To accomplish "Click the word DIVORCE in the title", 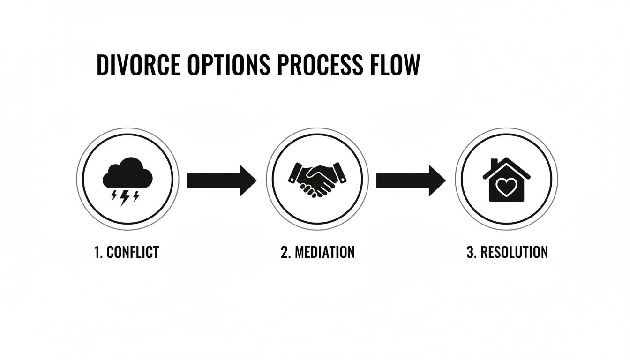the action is [x=138, y=65].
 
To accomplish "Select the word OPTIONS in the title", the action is [x=229, y=65].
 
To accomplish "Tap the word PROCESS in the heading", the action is [x=320, y=65].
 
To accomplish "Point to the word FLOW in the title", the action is [x=395, y=65].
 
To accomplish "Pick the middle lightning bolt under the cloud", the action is [x=125, y=198].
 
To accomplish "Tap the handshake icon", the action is [x=317, y=180].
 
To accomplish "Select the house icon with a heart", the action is [x=507, y=180].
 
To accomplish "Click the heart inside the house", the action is [x=506, y=187].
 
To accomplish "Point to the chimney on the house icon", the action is [x=494, y=164].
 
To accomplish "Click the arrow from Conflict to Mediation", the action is [x=222, y=180].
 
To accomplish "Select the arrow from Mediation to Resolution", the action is [x=411, y=180].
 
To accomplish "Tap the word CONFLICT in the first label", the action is [x=133, y=252].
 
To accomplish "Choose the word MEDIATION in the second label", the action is [x=324, y=252].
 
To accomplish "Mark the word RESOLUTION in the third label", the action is [x=514, y=252].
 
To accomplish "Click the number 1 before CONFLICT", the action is [x=97, y=252].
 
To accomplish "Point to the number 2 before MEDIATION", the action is [x=285, y=252].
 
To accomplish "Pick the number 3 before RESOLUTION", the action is [x=471, y=252].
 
